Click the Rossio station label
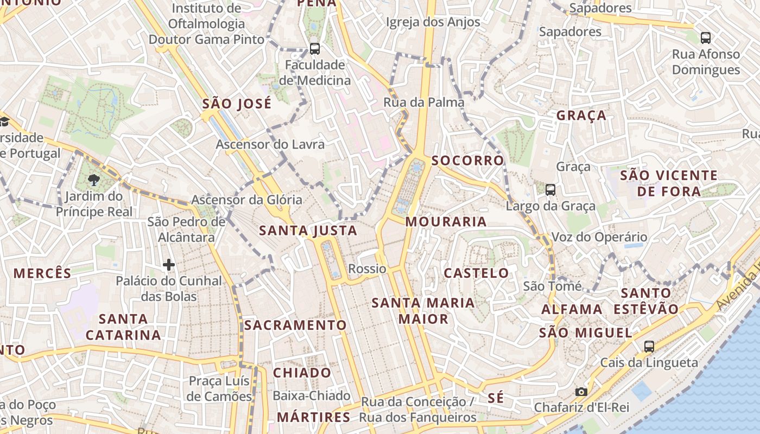coord(367,269)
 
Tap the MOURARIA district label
coord(446,221)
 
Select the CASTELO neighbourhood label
coord(476,273)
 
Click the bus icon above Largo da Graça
coord(550,190)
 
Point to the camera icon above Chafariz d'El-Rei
coord(581,392)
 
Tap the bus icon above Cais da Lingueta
coord(649,346)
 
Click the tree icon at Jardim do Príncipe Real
coord(94,180)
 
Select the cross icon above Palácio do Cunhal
coord(169,265)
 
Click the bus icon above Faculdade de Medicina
coord(315,48)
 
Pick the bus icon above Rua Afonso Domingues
coord(706,37)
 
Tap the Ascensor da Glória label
coord(246,200)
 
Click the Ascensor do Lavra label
coord(270,144)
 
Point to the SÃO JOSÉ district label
coord(237,104)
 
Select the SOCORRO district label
coord(468,161)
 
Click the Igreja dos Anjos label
coord(433,22)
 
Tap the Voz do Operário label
coord(599,237)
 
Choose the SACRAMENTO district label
coord(295,325)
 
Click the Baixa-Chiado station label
coord(311,396)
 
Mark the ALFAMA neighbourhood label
coord(572,310)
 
